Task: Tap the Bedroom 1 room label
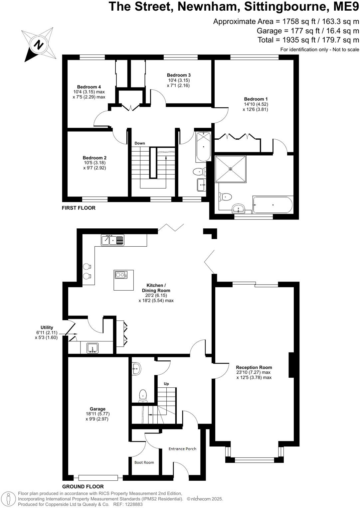point(256,99)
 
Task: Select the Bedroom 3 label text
point(179,75)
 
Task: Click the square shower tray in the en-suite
point(231,169)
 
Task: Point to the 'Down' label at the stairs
point(140,143)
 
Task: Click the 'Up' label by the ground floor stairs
point(166,384)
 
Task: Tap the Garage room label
point(97,409)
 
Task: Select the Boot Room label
point(144,462)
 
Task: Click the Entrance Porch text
point(182,449)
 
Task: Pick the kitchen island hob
point(121,275)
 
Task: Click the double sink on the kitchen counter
point(112,240)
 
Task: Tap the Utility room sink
point(92,348)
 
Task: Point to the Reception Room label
point(254,367)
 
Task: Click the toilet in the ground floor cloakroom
point(143,395)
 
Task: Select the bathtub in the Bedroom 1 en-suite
point(272,205)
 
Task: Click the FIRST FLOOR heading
point(79,208)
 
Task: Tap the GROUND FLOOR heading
point(83,487)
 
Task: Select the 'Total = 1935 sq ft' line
point(308,40)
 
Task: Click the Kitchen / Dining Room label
point(156,288)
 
